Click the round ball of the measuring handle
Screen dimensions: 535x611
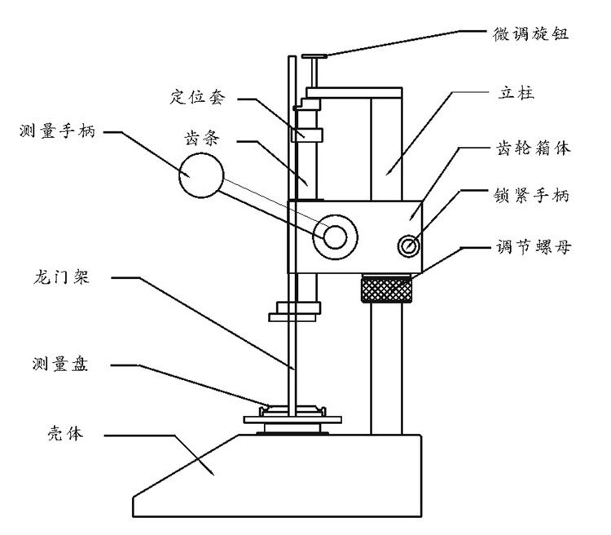tap(200, 177)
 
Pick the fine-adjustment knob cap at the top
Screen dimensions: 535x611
tap(315, 56)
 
